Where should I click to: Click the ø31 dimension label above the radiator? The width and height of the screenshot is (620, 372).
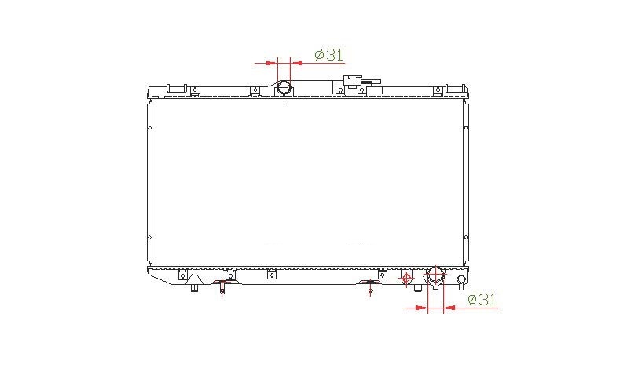tap(329, 55)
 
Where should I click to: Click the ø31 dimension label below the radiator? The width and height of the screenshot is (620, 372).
tap(482, 300)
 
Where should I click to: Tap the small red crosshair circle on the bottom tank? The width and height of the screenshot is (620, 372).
tap(406, 279)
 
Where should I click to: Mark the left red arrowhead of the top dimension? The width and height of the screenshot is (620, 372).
tap(270, 63)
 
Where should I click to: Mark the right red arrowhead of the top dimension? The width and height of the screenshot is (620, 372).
tap(296, 63)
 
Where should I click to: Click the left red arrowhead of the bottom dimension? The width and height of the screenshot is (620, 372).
tap(420, 307)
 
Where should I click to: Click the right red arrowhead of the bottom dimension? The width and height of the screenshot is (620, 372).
tap(449, 307)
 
